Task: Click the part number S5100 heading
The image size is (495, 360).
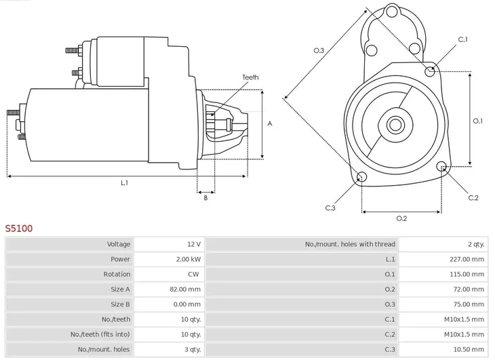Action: [19, 228]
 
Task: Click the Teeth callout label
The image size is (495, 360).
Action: [250, 77]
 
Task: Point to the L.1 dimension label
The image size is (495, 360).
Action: [124, 183]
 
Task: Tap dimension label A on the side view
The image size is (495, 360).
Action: [269, 124]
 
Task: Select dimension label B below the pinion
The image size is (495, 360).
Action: [205, 197]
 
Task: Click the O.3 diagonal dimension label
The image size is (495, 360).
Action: [318, 50]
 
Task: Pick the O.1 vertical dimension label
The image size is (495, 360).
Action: [477, 121]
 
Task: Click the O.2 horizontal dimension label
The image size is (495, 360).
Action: [401, 218]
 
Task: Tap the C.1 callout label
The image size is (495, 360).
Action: [462, 39]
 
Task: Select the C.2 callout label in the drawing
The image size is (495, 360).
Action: [473, 198]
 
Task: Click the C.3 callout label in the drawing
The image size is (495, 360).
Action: [330, 207]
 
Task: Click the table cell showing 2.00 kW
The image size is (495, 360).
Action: [188, 259]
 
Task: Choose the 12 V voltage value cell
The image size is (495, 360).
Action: [194, 244]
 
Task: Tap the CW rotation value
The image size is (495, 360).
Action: [193, 274]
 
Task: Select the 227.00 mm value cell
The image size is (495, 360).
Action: [468, 259]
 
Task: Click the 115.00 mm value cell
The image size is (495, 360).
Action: [468, 274]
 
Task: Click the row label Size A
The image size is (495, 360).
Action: [120, 289]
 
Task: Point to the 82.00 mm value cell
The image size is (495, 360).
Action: [186, 289]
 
